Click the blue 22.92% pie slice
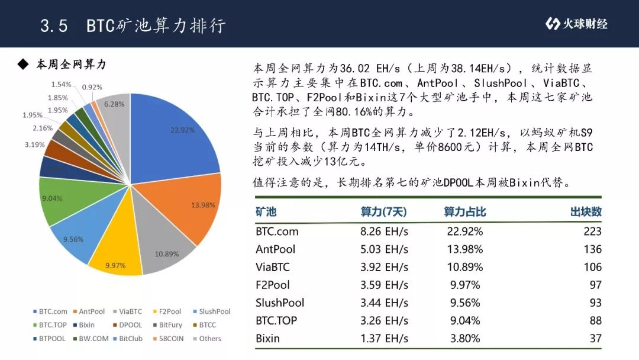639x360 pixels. click(x=171, y=139)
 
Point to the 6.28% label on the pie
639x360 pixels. click(x=114, y=104)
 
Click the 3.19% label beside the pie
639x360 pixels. click(x=35, y=144)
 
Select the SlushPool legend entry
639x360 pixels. click(x=212, y=311)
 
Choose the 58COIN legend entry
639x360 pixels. click(x=169, y=339)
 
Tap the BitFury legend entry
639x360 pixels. click(x=168, y=325)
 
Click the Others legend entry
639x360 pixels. click(x=208, y=339)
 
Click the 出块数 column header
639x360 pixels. click(x=586, y=211)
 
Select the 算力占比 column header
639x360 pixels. click(x=464, y=211)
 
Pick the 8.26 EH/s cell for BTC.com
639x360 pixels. click(x=384, y=232)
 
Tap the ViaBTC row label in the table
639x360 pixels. click(x=273, y=267)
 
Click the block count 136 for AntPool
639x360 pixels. click(x=592, y=249)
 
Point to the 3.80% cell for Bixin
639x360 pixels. click(x=465, y=339)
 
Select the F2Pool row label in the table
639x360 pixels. click(x=273, y=285)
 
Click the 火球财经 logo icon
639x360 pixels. click(x=553, y=24)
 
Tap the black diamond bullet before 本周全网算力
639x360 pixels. click(x=23, y=65)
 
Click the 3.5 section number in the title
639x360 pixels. click(x=54, y=25)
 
